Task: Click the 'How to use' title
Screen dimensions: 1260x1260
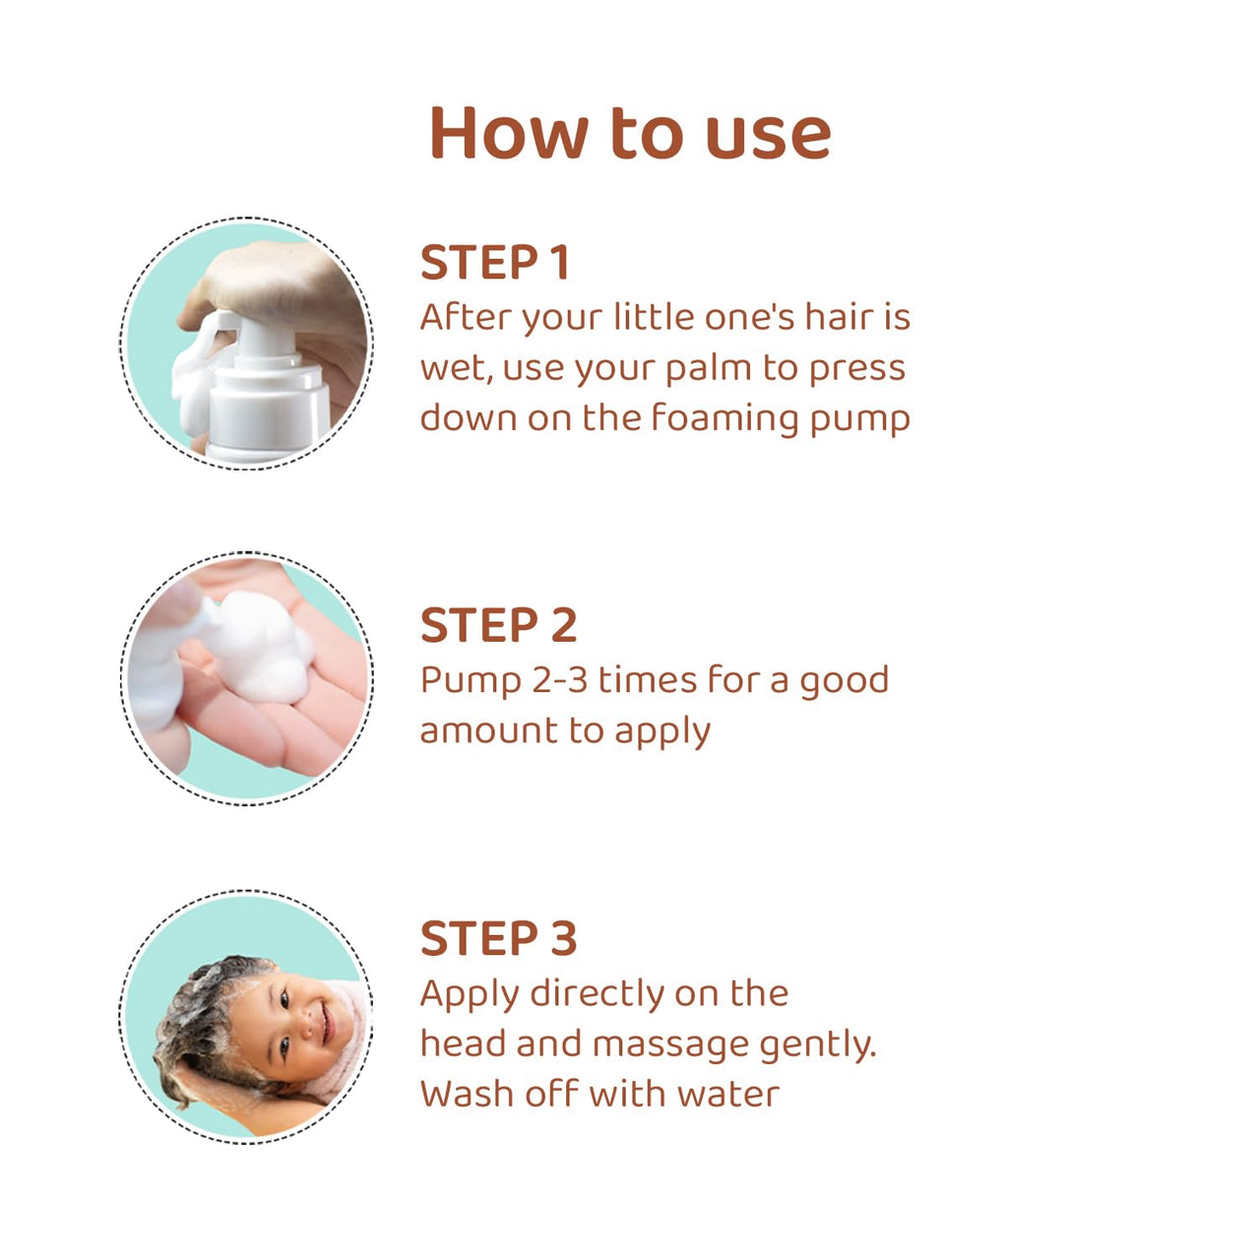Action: pos(630,133)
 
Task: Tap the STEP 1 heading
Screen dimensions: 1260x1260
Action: pos(495,263)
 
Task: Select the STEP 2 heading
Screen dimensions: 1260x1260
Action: pos(498,626)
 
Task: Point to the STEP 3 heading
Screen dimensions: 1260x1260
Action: pos(498,939)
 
